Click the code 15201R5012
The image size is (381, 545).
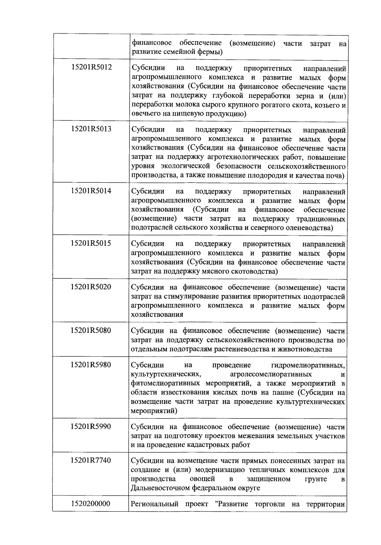tap(91, 67)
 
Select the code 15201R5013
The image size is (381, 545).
tap(91, 129)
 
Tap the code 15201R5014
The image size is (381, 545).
tap(91, 191)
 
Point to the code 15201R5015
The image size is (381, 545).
tap(91, 243)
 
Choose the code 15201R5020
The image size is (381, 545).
tap(91, 287)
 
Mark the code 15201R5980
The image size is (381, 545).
tap(91, 365)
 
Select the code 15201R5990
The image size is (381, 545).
tap(91, 426)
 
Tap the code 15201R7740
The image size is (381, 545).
tap(91, 460)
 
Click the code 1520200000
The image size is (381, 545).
tap(91, 503)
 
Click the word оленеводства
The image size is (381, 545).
tap(307, 228)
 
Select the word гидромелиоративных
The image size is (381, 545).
tap(308, 366)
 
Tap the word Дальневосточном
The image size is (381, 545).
tap(161, 488)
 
